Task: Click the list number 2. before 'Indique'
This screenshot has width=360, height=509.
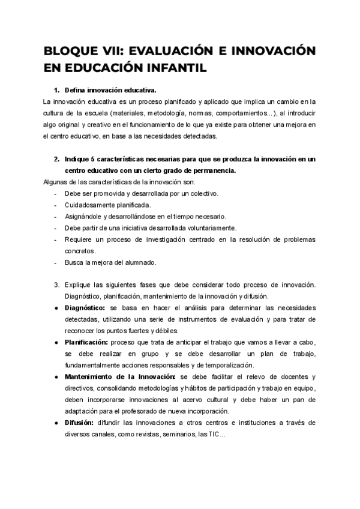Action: pos(56,159)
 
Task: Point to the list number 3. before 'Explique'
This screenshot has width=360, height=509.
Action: pos(56,283)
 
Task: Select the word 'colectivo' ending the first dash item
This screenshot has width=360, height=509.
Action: pos(203,193)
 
